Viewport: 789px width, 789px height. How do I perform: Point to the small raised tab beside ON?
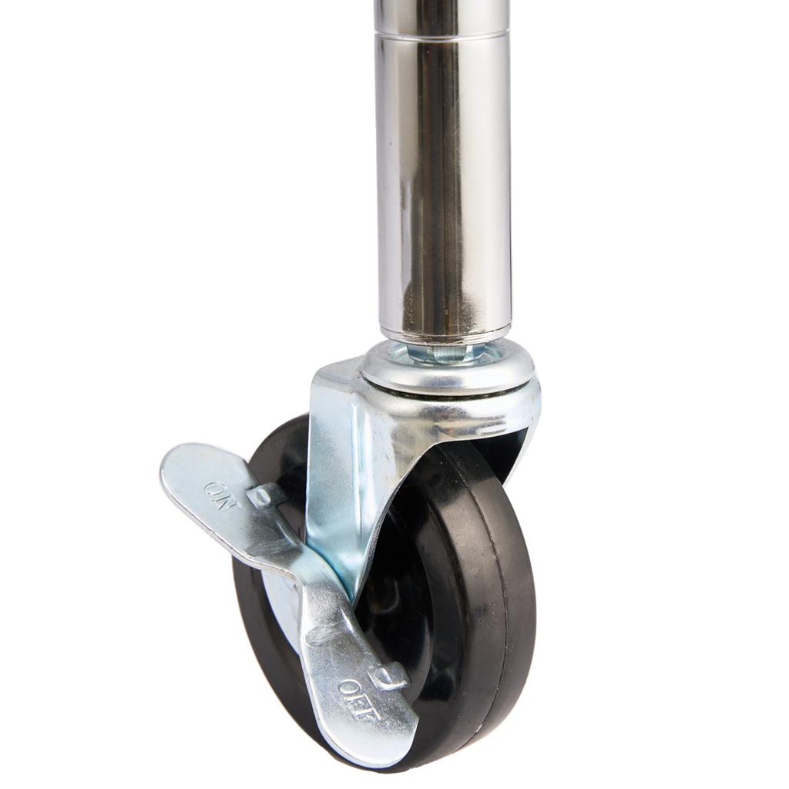(265, 495)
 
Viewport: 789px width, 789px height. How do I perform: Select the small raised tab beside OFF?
(389, 676)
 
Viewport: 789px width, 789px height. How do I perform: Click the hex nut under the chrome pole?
(441, 351)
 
